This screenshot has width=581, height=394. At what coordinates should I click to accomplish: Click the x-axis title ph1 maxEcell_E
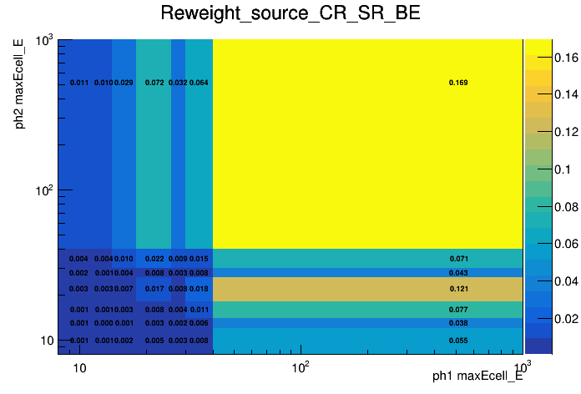click(x=477, y=376)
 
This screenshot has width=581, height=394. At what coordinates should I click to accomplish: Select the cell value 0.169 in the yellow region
click(x=458, y=83)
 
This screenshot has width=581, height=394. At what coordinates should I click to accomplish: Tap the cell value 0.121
click(x=458, y=289)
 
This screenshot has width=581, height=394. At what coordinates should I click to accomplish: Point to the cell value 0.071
click(x=458, y=259)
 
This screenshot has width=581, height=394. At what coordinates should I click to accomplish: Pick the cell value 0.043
click(x=458, y=273)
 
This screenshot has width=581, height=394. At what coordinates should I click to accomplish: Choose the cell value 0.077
click(x=458, y=310)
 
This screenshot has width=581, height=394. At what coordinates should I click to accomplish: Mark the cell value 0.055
click(x=458, y=341)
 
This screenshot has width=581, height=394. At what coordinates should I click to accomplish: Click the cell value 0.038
click(x=458, y=323)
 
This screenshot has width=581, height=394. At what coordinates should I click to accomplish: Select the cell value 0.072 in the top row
click(x=154, y=83)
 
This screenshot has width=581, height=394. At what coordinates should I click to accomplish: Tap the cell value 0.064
click(x=199, y=83)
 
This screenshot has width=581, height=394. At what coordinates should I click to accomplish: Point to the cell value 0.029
click(x=124, y=83)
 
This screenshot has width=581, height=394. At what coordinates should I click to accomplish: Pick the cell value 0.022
click(x=154, y=259)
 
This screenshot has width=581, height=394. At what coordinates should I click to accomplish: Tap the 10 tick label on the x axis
click(x=79, y=368)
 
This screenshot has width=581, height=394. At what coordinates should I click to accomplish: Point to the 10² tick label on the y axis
click(x=43, y=191)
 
